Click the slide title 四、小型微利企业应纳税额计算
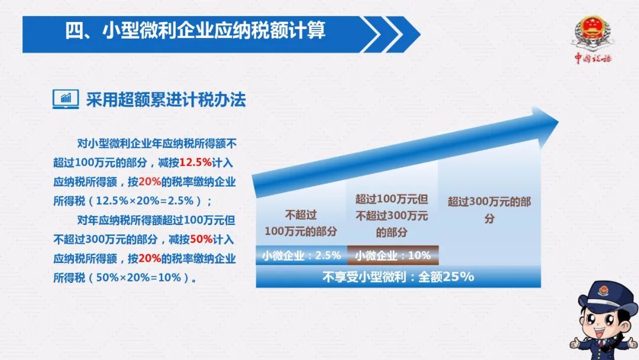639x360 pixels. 195,31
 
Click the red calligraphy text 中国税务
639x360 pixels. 593,58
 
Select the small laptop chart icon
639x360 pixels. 66,99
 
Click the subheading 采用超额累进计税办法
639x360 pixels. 166,100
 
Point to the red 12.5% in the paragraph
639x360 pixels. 196,162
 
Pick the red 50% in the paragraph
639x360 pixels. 201,239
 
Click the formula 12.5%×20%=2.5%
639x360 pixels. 145,201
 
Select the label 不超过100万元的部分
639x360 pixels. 301,223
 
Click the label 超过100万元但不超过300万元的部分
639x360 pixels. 392,216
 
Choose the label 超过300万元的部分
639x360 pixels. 489,210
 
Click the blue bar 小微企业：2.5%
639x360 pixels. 302,255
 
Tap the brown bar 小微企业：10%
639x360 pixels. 393,255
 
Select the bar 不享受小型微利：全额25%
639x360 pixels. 398,277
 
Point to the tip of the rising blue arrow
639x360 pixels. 558,121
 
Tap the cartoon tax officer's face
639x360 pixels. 602,324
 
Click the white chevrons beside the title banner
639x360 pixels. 390,34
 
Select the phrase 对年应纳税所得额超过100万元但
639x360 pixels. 156,220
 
